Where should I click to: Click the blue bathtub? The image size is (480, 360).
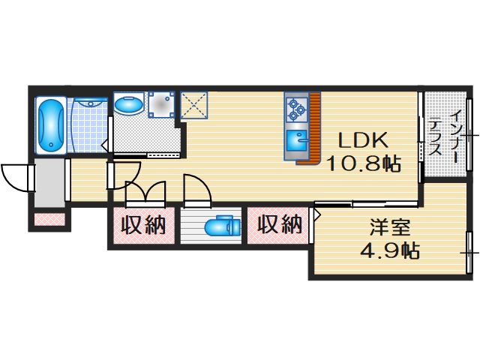(x=51, y=124)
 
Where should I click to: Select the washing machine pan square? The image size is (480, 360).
(x=161, y=104)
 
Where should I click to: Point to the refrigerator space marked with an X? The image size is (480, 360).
(x=194, y=104)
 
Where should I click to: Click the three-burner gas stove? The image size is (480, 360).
(x=295, y=109)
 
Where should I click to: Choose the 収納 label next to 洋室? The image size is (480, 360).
(x=280, y=224)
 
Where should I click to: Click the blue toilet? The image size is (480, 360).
(x=220, y=225)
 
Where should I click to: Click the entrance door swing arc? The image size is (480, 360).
(x=15, y=177)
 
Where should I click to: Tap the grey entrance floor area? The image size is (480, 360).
(x=49, y=183)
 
